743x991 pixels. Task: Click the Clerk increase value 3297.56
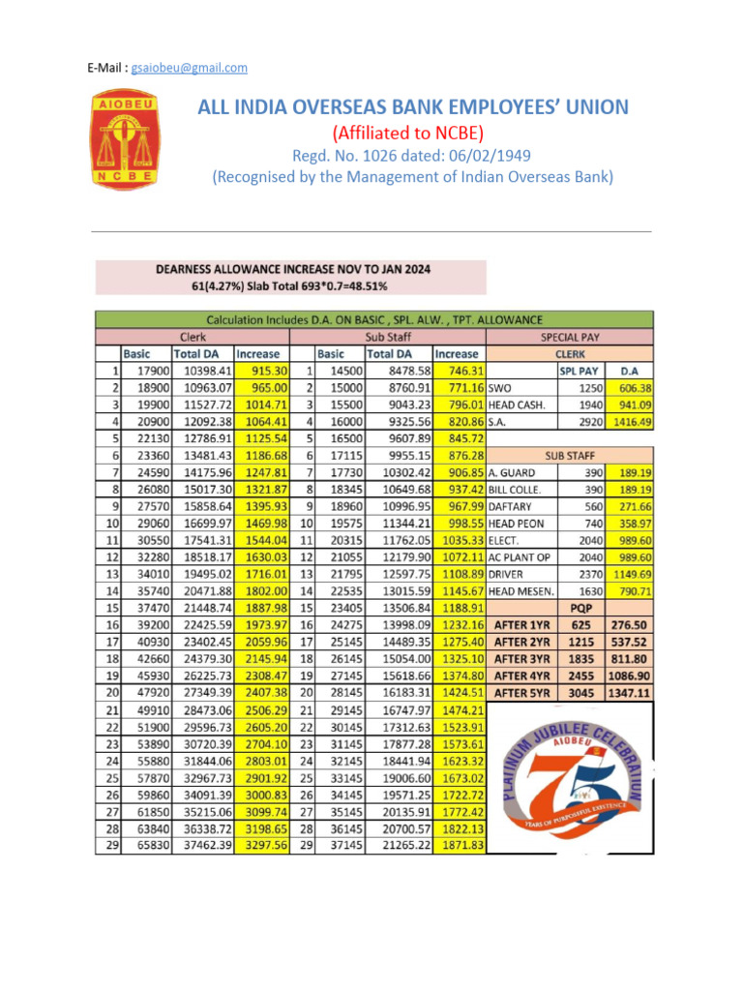tap(263, 845)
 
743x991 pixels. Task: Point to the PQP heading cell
tap(581, 608)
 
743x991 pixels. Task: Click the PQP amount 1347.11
tap(630, 692)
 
